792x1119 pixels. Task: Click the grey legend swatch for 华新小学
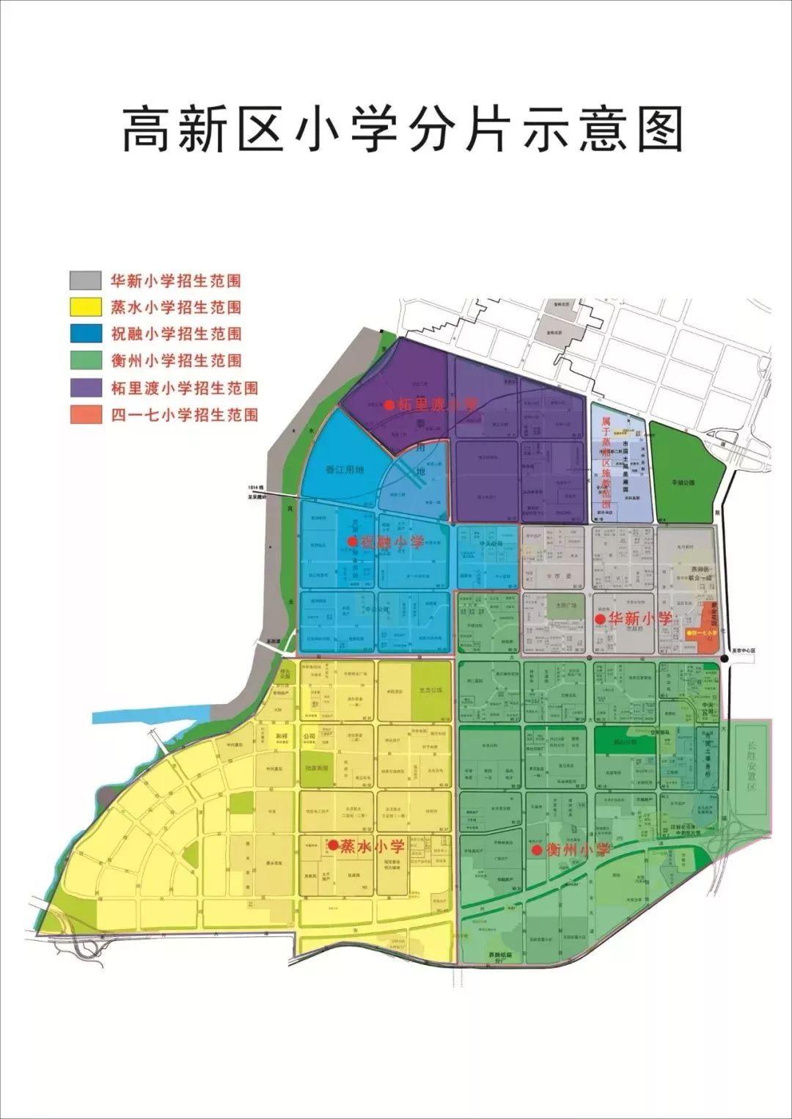(85, 281)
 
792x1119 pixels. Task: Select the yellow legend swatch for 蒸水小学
(85, 307)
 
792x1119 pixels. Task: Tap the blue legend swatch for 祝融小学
(85, 334)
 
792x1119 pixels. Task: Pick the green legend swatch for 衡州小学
(85, 360)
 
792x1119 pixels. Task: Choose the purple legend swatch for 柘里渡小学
(85, 387)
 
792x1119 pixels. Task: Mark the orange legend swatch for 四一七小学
(85, 414)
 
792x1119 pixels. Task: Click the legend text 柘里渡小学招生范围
(184, 388)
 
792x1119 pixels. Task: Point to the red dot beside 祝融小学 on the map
(352, 542)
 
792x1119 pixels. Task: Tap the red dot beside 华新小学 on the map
(600, 619)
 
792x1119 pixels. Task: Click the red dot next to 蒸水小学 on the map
(332, 845)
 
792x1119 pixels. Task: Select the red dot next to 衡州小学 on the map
(537, 850)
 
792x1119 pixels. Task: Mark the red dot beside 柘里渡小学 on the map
(389, 404)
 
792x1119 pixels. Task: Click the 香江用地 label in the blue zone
(345, 469)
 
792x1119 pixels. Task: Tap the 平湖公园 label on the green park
(683, 483)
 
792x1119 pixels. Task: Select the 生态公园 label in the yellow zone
(430, 690)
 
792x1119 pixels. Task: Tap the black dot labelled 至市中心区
(725, 659)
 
